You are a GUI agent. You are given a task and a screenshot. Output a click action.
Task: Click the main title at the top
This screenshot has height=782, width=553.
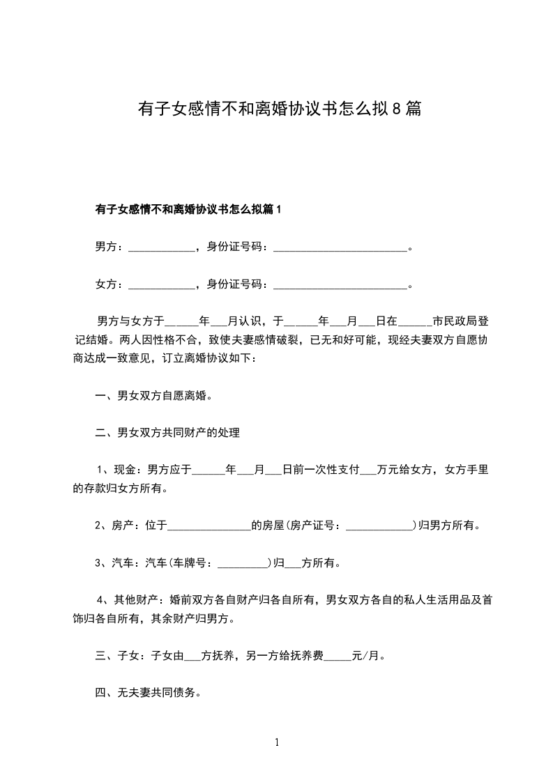pyautogui.click(x=279, y=109)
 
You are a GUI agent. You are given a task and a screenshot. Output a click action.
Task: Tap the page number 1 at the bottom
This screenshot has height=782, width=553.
pyautogui.click(x=277, y=742)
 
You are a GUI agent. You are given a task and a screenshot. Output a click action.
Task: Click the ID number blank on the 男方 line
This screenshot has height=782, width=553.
pyautogui.click(x=340, y=247)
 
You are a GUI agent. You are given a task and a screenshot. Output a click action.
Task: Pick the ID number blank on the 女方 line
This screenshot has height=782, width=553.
pyautogui.click(x=340, y=285)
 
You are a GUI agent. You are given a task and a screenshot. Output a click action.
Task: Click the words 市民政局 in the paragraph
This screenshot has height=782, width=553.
pyautogui.click(x=455, y=322)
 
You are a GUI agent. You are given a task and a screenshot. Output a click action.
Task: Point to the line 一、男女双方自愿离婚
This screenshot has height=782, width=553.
pyautogui.click(x=153, y=397)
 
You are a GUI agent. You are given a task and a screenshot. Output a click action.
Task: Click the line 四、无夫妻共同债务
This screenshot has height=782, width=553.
pyautogui.click(x=148, y=693)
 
